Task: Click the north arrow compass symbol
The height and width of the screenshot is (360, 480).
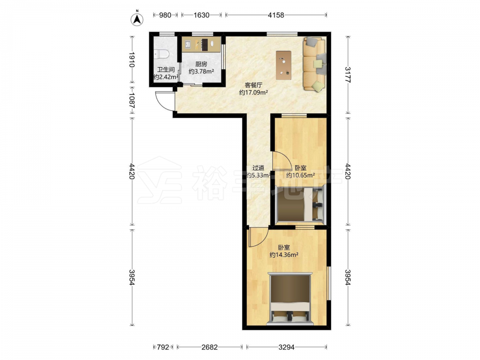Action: click(x=137, y=19)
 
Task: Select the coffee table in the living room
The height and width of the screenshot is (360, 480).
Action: click(x=284, y=65)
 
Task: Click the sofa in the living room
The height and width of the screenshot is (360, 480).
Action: click(x=314, y=64)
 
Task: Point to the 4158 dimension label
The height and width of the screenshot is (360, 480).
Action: click(x=276, y=15)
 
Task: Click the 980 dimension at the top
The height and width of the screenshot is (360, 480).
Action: click(x=165, y=15)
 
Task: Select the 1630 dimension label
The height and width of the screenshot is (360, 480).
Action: click(x=201, y=15)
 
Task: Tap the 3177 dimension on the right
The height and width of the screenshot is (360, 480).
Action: click(x=348, y=75)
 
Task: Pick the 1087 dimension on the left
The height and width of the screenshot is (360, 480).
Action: click(x=132, y=100)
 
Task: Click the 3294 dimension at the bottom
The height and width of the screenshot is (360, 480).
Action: click(x=286, y=347)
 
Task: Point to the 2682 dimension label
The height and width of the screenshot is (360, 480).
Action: click(x=209, y=347)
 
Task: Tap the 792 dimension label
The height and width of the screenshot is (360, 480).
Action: click(x=163, y=347)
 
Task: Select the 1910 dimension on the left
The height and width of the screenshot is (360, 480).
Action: click(x=132, y=60)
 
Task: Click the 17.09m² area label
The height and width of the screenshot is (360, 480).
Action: click(x=253, y=92)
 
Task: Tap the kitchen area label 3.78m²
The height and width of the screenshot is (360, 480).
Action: click(x=201, y=72)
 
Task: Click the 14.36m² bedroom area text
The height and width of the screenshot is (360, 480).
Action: click(x=284, y=255)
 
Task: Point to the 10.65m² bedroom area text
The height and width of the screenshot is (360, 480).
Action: click(x=300, y=175)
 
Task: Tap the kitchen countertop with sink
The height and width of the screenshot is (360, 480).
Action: click(x=201, y=44)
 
